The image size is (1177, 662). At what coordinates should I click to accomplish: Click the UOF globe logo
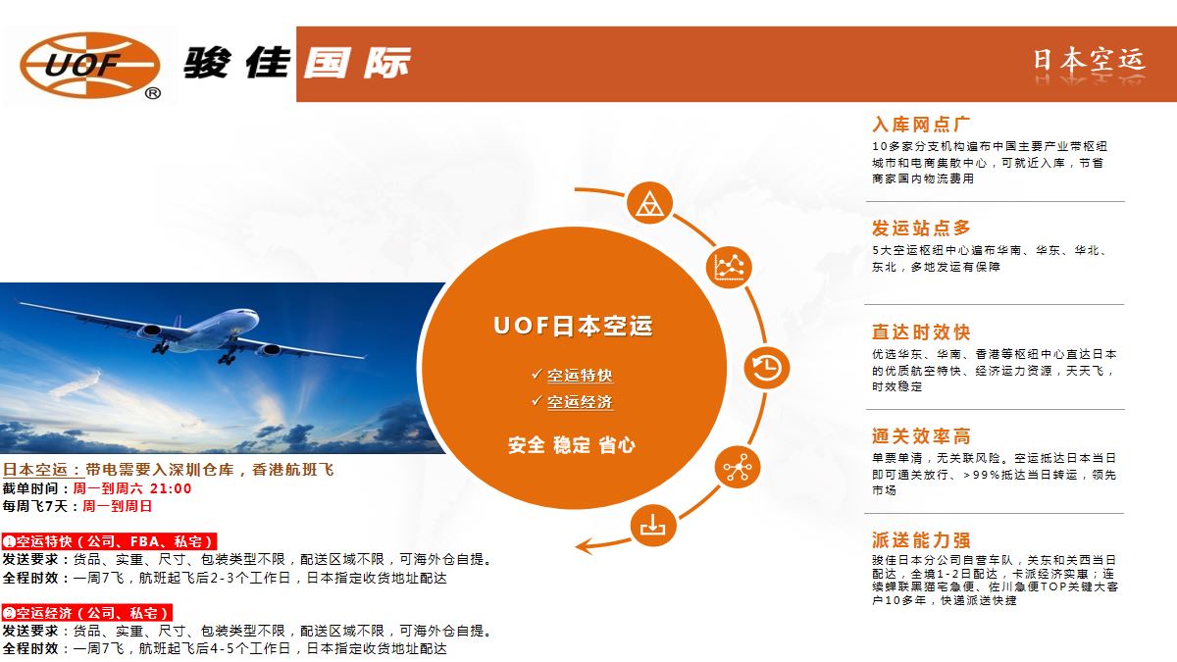[x=90, y=65]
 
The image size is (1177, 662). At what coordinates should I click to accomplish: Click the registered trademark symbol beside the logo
[x=152, y=93]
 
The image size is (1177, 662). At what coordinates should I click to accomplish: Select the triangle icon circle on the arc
[x=650, y=203]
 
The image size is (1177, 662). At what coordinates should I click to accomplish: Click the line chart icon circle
[x=730, y=267]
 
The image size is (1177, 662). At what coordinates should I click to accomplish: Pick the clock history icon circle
[x=767, y=367]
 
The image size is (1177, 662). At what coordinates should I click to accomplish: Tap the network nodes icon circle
[x=738, y=467]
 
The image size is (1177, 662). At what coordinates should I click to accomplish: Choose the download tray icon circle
[x=652, y=526]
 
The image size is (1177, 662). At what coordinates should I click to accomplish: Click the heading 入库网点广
[x=921, y=125]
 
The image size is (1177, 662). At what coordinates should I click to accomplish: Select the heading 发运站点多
[x=921, y=228]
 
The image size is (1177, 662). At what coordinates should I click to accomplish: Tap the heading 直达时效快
[x=921, y=332]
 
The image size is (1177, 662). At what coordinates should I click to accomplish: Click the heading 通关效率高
[x=921, y=436]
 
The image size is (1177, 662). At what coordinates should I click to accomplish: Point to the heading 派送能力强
[x=921, y=539]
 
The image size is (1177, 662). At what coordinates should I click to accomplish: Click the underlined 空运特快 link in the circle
[x=580, y=376]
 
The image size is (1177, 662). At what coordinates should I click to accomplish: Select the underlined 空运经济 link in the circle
[x=580, y=402]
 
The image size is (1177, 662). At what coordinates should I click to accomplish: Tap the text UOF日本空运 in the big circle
[x=573, y=327]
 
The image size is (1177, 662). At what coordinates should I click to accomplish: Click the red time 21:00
[x=171, y=488]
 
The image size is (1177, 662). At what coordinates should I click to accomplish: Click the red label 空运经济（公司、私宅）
[x=87, y=613]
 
